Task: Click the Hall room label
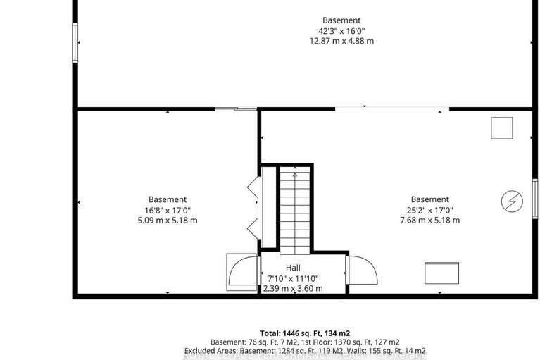click(293, 268)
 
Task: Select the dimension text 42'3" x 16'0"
click(341, 30)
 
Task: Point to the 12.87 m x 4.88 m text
click(341, 41)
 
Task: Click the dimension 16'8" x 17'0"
click(168, 210)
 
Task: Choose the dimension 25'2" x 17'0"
click(429, 210)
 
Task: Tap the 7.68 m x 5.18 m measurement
click(429, 221)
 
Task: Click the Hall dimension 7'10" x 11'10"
click(293, 278)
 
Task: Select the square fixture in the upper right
click(502, 128)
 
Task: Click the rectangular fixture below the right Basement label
click(442, 272)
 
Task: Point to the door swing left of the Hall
click(242, 272)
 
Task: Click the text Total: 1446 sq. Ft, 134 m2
click(304, 333)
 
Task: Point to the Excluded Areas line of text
click(304, 351)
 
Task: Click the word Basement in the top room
click(341, 20)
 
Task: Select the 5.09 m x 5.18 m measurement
click(168, 221)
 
